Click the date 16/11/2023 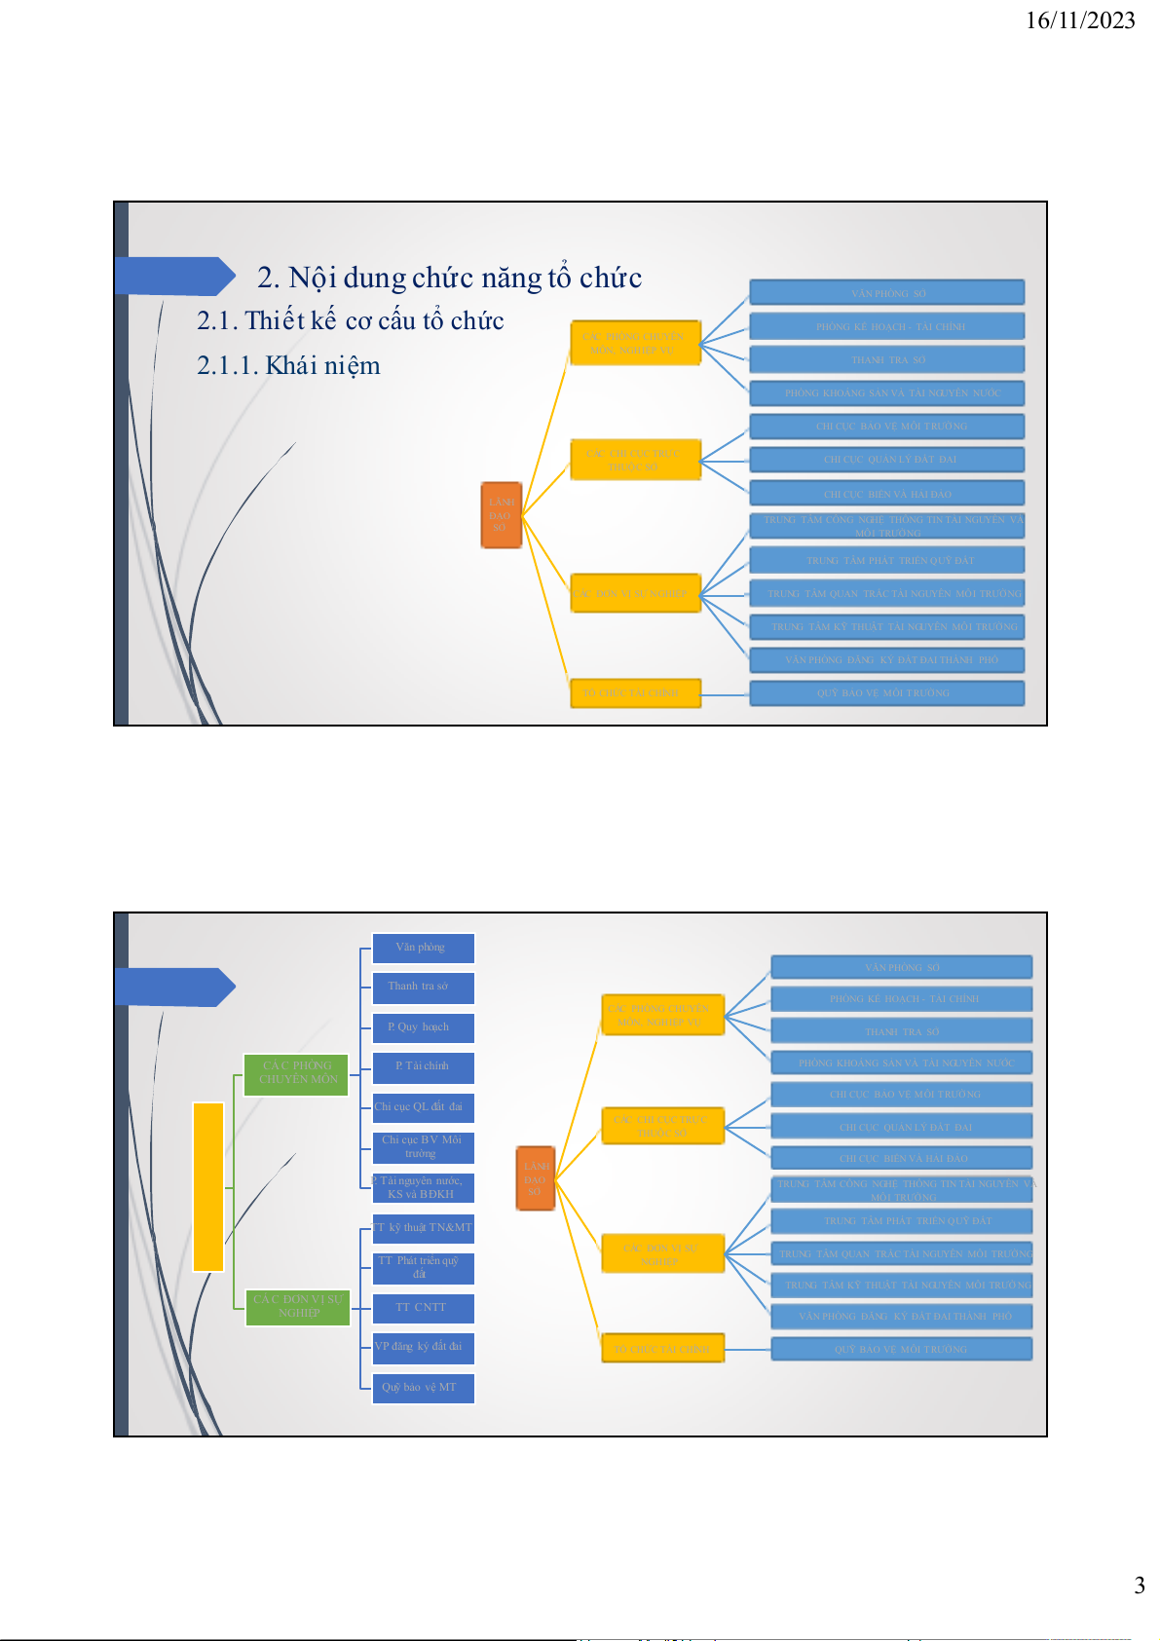(x=1080, y=20)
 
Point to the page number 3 (x=1139, y=1585)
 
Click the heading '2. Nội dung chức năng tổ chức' (x=449, y=278)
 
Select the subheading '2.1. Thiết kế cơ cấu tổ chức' (x=350, y=320)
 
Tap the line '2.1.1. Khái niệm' (x=288, y=365)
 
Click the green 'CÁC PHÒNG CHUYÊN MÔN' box (x=296, y=1073)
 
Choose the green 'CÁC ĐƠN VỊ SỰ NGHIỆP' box (x=297, y=1306)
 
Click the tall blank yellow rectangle (x=208, y=1186)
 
